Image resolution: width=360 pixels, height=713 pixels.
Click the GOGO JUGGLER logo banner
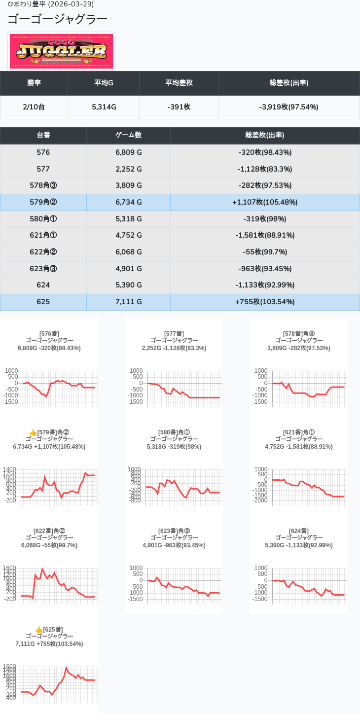61,51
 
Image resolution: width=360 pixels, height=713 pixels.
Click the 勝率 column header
34,83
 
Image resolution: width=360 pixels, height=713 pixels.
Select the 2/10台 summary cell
34,107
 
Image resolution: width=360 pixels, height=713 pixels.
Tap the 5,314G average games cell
104,107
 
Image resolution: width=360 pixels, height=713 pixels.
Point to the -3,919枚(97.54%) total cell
288,107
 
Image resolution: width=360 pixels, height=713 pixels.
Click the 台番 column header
43,135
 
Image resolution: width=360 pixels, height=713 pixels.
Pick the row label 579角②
43,202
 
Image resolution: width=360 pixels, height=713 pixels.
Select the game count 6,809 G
128,152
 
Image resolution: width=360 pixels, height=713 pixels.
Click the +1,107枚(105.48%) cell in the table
265,202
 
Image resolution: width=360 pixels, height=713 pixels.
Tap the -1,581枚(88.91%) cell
265,235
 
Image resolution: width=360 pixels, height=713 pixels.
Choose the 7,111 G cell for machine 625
128,302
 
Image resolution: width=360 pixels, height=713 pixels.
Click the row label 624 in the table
43,285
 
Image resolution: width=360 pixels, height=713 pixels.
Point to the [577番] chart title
174,334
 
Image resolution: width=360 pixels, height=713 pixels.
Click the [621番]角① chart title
299,432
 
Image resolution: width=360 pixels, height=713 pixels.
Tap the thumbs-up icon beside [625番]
39,630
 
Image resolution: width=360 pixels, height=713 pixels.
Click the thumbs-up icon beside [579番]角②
33,432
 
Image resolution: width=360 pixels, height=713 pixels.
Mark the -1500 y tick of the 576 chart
11,402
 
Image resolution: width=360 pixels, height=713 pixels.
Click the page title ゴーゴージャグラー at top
57,19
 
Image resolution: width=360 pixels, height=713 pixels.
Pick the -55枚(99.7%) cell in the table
265,252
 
